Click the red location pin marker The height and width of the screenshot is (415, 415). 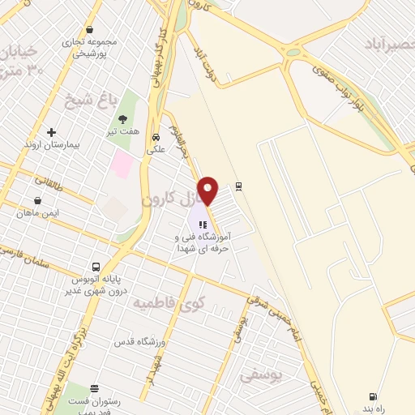point(208,190)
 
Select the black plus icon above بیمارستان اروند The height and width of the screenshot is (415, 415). point(53,132)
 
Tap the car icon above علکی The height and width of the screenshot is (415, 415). point(156,137)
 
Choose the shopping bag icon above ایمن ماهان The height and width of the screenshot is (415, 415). point(37,200)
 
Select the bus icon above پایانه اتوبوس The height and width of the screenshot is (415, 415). point(96,267)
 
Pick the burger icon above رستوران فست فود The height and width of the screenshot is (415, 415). point(95,388)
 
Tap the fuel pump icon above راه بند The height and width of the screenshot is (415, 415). point(372,396)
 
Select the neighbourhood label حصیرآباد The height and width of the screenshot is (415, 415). point(389,39)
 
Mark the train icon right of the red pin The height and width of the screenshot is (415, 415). point(238,186)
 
